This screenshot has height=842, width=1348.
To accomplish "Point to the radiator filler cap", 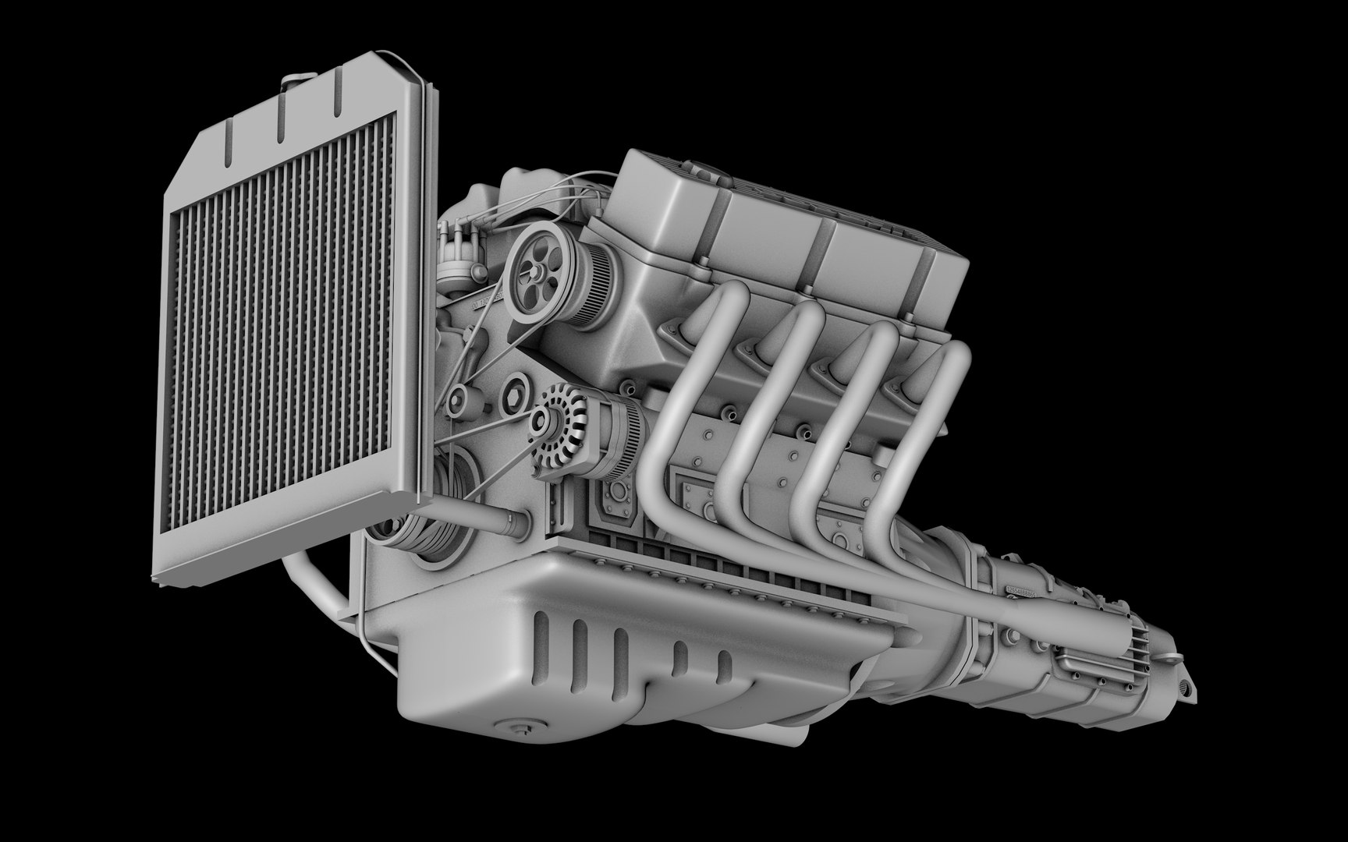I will (295, 80).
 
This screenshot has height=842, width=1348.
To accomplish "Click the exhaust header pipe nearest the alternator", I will (679, 390).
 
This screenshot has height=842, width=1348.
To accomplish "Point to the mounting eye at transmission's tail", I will (1188, 686).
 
